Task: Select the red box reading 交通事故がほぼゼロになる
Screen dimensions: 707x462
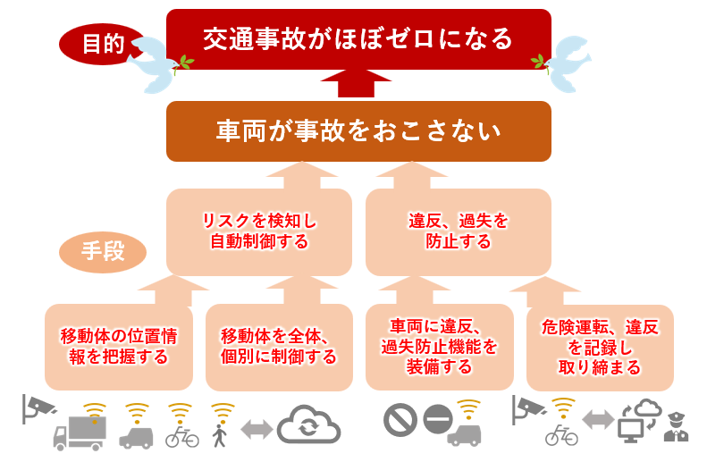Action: point(358,39)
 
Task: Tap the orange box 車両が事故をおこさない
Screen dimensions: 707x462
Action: point(358,131)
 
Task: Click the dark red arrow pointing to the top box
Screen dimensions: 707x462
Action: point(356,83)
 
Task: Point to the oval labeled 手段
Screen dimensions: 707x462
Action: point(103,252)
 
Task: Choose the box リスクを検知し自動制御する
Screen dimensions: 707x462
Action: point(259,232)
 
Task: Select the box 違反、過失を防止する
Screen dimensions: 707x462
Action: point(459,232)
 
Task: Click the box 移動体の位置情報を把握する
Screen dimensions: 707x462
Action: point(119,347)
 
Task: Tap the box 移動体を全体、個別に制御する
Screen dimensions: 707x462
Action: point(279,347)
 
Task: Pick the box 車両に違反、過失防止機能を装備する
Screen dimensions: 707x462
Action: point(439,347)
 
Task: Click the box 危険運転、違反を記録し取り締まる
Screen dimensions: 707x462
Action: point(600,347)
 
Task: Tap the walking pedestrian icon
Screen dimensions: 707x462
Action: point(220,435)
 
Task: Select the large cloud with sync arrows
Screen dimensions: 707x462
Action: point(308,424)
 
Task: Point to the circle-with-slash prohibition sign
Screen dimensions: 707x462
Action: point(400,420)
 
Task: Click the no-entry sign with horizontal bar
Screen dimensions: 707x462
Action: point(438,419)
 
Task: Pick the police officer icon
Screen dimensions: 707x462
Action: point(677,426)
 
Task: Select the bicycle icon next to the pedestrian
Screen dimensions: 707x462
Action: point(181,436)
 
